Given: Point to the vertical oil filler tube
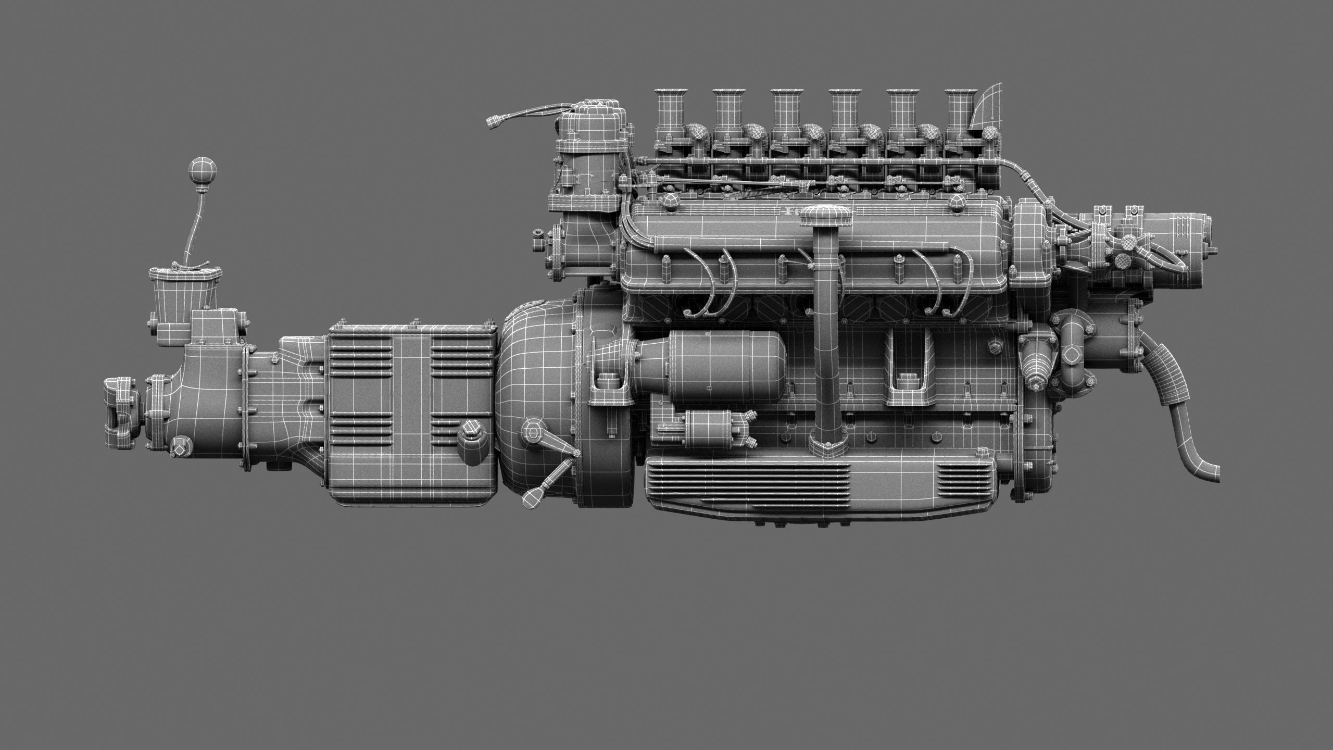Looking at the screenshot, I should pos(826,333).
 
